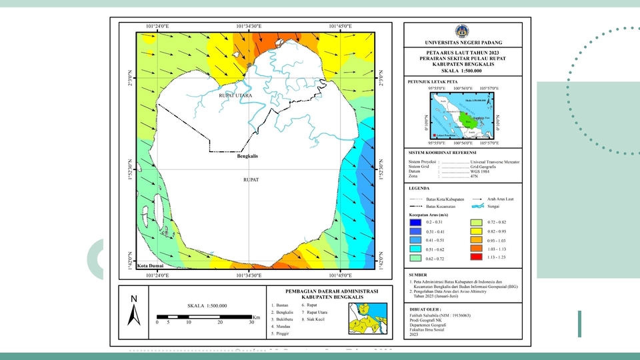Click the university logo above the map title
461,31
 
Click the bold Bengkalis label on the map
247,157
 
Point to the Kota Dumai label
150,266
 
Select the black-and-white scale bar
204,315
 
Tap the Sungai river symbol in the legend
477,207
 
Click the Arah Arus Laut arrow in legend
477,199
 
